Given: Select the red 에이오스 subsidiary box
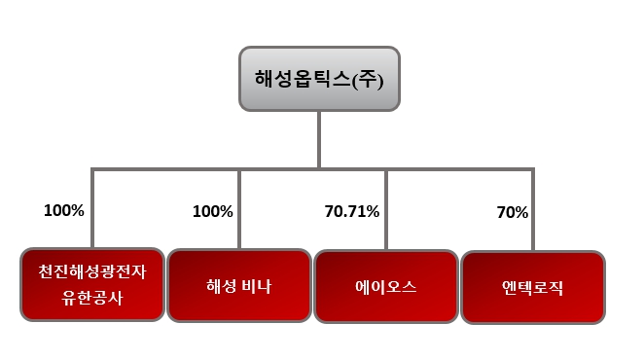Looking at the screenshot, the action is [385, 287].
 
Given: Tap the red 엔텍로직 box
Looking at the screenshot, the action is [532, 288].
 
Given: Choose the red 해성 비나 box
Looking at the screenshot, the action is [238, 287].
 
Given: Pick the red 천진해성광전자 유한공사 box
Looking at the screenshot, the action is [92, 285].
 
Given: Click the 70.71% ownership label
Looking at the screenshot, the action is [351, 210].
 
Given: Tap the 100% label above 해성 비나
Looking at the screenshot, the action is [212, 210].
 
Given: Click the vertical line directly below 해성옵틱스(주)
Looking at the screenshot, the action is [318, 141].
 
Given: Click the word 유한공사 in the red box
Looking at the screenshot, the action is [92, 297].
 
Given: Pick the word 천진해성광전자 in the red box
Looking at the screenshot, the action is [92, 274].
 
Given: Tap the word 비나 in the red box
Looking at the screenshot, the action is [258, 287].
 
